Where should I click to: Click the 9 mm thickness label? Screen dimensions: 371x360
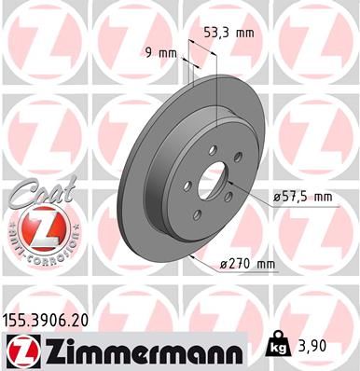(x=160, y=52)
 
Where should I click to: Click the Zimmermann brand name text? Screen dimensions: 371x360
(x=144, y=350)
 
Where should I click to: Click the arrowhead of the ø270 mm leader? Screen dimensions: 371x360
(x=189, y=252)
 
